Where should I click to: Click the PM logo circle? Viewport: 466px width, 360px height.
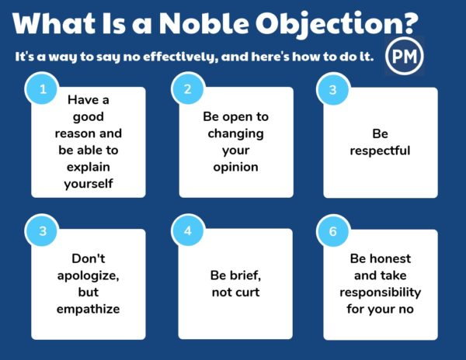404,56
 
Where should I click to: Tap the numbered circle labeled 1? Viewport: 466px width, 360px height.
43,89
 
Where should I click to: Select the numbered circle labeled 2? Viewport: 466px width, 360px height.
187,89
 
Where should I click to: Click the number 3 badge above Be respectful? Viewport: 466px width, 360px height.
332,90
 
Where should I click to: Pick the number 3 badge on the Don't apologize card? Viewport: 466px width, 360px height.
43,231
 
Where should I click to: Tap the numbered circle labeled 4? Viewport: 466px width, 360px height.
187,231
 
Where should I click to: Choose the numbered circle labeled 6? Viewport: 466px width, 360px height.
332,231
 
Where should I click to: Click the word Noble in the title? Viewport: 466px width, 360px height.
203,23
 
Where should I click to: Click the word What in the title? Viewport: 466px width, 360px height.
54,23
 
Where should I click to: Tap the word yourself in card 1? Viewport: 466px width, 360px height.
89,184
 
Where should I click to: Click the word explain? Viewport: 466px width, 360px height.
89,167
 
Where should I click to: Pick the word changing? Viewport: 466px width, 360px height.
235,134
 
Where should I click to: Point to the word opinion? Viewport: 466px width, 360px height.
235,168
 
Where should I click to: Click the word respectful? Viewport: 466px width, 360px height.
380,151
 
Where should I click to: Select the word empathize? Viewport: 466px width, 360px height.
89,310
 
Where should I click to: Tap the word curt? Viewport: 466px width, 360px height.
248,292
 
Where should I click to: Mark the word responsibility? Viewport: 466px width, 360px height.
381,292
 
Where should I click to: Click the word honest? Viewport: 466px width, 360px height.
390,259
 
